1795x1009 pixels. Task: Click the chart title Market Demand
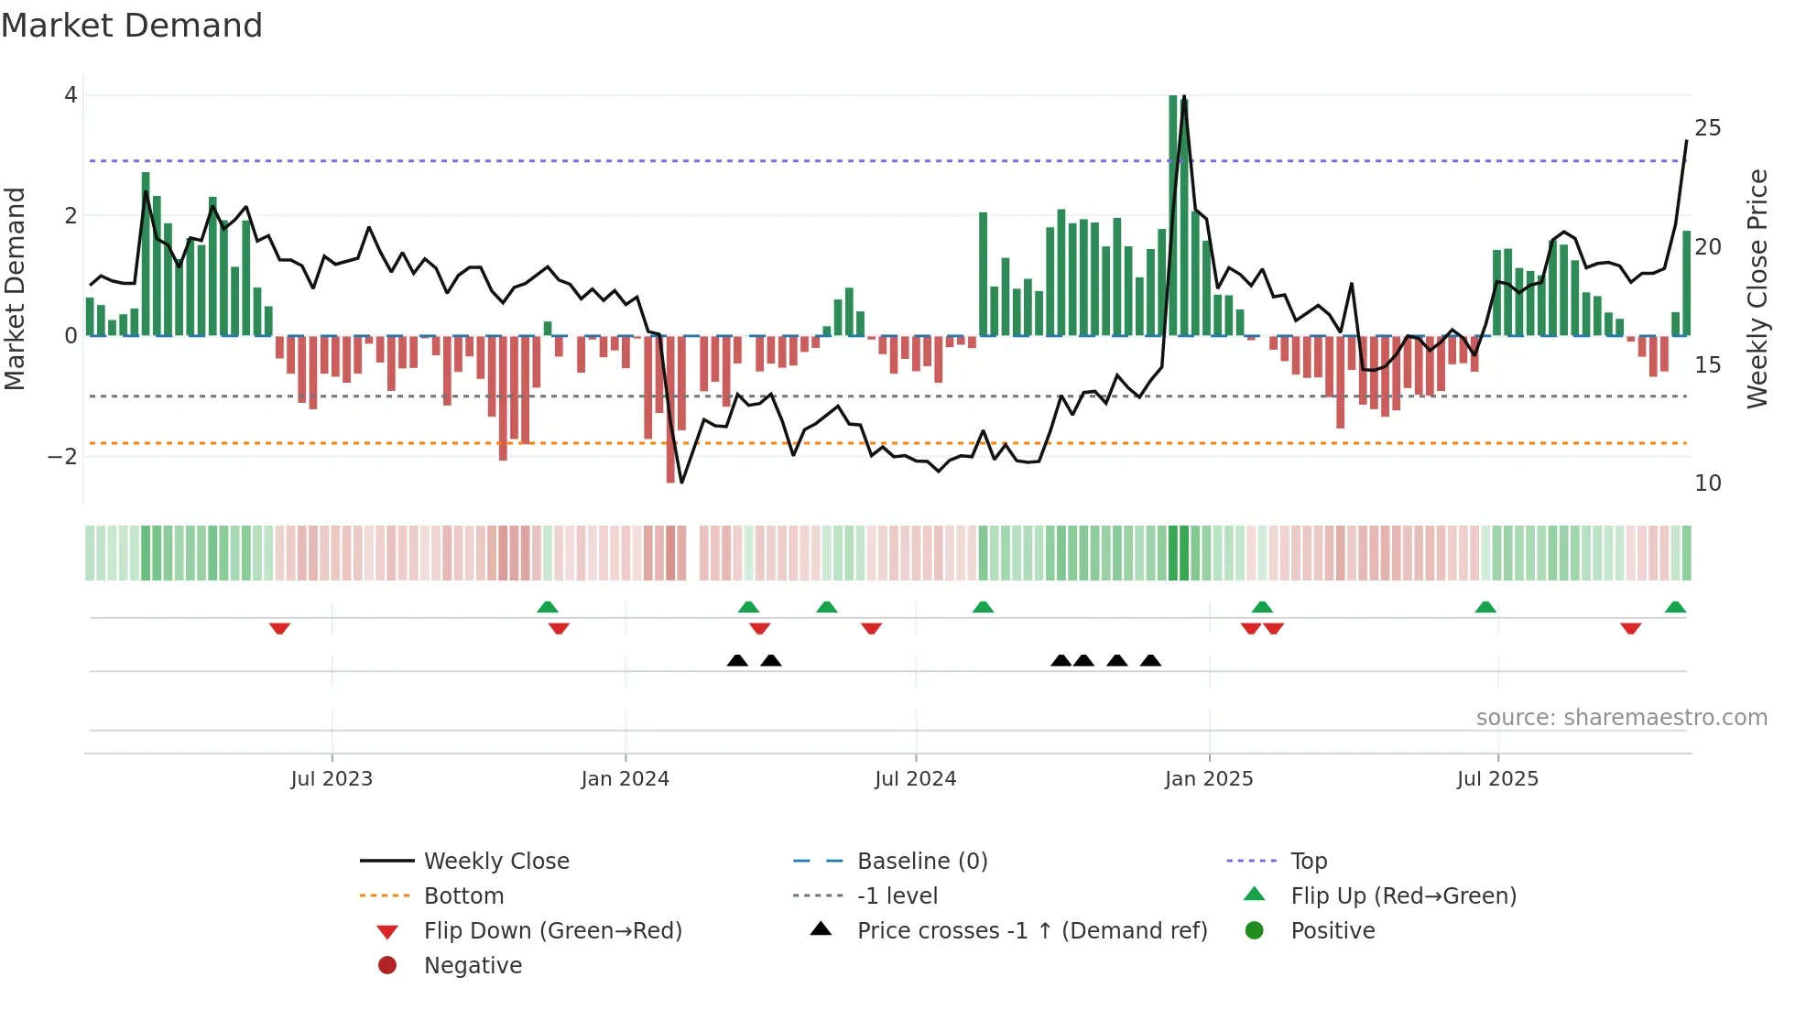[132, 26]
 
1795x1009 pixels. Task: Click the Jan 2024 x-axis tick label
[625, 778]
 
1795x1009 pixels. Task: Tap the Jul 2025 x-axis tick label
[1497, 778]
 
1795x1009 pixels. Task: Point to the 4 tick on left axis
[71, 95]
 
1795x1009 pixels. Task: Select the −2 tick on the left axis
[63, 456]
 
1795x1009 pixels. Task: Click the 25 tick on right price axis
[1707, 128]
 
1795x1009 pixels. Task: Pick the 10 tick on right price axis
[1707, 483]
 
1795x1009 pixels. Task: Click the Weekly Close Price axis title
[1757, 288]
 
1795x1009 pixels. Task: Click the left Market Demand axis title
[16, 288]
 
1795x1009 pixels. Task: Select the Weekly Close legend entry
[495, 861]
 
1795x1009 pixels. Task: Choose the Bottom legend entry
[463, 895]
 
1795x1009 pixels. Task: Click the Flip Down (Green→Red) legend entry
[552, 930]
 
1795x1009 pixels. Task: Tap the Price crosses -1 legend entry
[1031, 930]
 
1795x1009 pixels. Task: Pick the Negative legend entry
[473, 965]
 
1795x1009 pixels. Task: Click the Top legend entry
[1308, 861]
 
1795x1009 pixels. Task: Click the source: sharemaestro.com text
[1621, 717]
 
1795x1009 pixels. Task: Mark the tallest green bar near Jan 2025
[1173, 215]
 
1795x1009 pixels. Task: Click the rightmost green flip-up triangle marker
[1675, 607]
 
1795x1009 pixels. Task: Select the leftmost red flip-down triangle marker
[279, 628]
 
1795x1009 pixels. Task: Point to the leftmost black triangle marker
[737, 660]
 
